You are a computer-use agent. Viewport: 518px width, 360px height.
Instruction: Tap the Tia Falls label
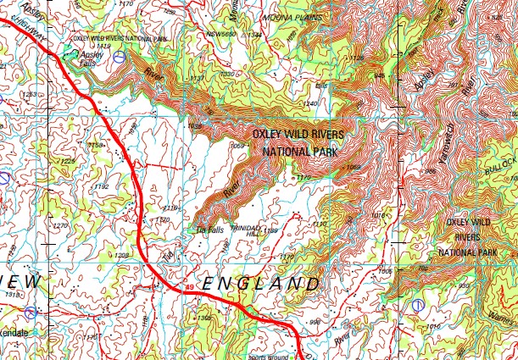[x=209, y=229]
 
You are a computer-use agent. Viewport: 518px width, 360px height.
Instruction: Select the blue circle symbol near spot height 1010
[x=416, y=305]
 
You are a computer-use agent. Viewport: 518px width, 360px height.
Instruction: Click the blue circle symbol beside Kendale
[x=31, y=313]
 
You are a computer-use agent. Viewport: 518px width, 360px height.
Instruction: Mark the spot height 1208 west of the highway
[x=122, y=255]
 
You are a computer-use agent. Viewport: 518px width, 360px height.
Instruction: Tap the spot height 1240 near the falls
[x=310, y=103]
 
